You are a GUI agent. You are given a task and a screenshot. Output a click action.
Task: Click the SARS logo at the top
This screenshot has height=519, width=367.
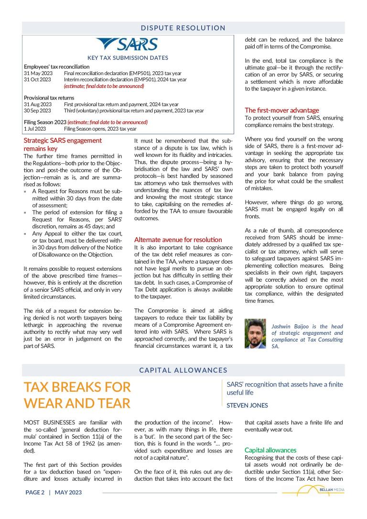[x=127, y=45]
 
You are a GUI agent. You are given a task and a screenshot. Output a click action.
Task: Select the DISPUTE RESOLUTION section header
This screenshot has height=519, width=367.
[x=183, y=28]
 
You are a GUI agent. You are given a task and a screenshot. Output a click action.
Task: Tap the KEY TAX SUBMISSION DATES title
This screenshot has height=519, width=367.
[x=128, y=58]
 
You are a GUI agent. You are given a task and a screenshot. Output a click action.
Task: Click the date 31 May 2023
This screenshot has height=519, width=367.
[x=38, y=73]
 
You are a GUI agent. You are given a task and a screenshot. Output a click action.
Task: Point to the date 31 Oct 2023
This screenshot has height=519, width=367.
[x=37, y=79]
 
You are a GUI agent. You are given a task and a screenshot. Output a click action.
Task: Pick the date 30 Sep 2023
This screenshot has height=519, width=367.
[x=38, y=110]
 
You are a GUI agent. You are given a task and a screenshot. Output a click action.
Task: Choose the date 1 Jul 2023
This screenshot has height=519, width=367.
[x=35, y=129]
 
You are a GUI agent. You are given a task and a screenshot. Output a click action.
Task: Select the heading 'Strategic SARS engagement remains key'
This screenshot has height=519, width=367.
[x=63, y=144]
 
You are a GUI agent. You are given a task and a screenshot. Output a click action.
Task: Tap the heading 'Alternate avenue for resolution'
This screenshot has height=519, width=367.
[x=178, y=239]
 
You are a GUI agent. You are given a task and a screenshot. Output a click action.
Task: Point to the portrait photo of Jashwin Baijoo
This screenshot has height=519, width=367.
[x=255, y=333]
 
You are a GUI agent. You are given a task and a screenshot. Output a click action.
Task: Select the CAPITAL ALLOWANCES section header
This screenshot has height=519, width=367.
[x=183, y=370]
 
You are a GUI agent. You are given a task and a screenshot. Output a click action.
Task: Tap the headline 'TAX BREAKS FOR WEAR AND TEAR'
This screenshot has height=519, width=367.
[x=77, y=395]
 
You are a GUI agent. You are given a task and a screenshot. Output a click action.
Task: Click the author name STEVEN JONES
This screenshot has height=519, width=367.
[x=247, y=405]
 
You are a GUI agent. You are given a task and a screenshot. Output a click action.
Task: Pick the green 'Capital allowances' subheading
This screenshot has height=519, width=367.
[x=270, y=450]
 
